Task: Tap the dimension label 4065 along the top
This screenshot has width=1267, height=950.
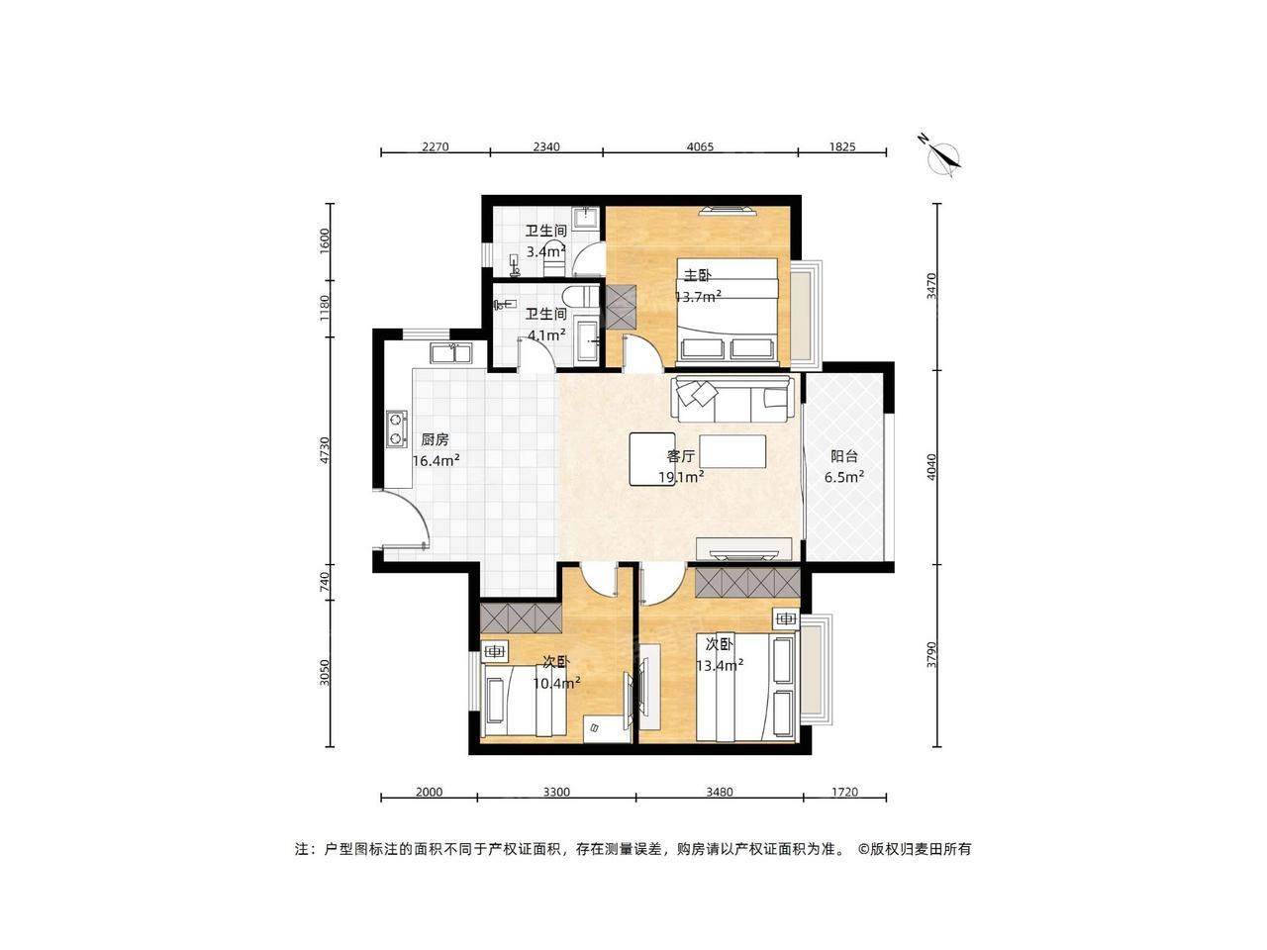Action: pyautogui.click(x=700, y=146)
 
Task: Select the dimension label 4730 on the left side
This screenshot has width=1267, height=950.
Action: pyautogui.click(x=325, y=450)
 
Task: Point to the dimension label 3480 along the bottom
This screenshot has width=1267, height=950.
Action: pyautogui.click(x=720, y=792)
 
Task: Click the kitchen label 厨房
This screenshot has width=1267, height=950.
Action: pyautogui.click(x=435, y=440)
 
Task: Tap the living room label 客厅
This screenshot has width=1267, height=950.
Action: pyautogui.click(x=681, y=456)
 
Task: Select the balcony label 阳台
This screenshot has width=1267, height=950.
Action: pyautogui.click(x=844, y=456)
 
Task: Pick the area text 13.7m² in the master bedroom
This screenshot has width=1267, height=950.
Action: pyautogui.click(x=699, y=297)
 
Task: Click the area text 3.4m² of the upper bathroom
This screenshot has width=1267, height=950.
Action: pyautogui.click(x=545, y=251)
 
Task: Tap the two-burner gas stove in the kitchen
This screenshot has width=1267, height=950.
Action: pyautogui.click(x=397, y=429)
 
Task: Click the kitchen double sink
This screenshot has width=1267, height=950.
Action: pyautogui.click(x=450, y=352)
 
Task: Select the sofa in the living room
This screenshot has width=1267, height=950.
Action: pyautogui.click(x=731, y=399)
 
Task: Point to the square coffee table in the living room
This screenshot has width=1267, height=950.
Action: pyautogui.click(x=652, y=459)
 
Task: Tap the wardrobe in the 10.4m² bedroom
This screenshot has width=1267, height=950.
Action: pyautogui.click(x=521, y=617)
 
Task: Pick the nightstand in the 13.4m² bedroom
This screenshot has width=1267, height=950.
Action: pyautogui.click(x=786, y=618)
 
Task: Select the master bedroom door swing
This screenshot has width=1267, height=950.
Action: pyautogui.click(x=643, y=352)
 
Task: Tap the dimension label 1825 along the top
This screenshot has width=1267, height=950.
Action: pyautogui.click(x=842, y=146)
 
